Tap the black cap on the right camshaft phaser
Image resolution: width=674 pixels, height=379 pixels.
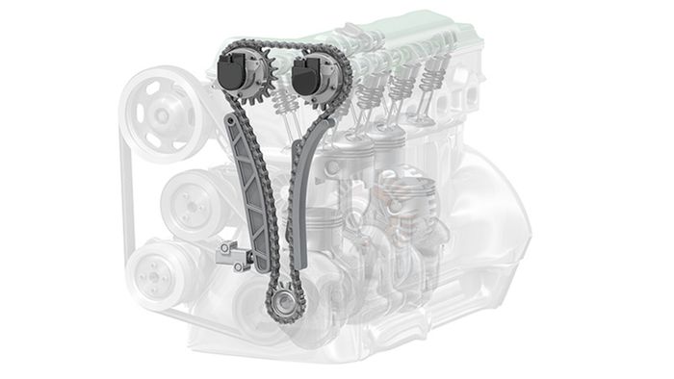click(x=308, y=74)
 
